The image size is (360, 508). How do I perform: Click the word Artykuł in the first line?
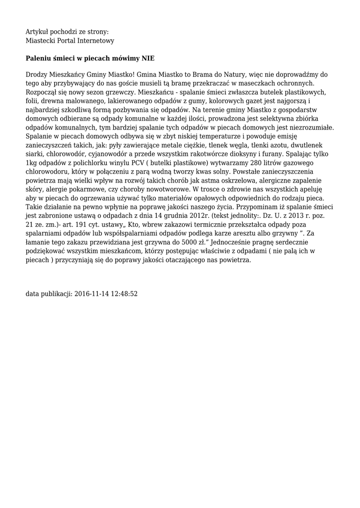[x=37, y=31]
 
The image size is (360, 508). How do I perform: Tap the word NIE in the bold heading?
[x=148, y=58]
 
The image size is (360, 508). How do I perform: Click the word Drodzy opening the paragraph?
[x=36, y=74]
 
